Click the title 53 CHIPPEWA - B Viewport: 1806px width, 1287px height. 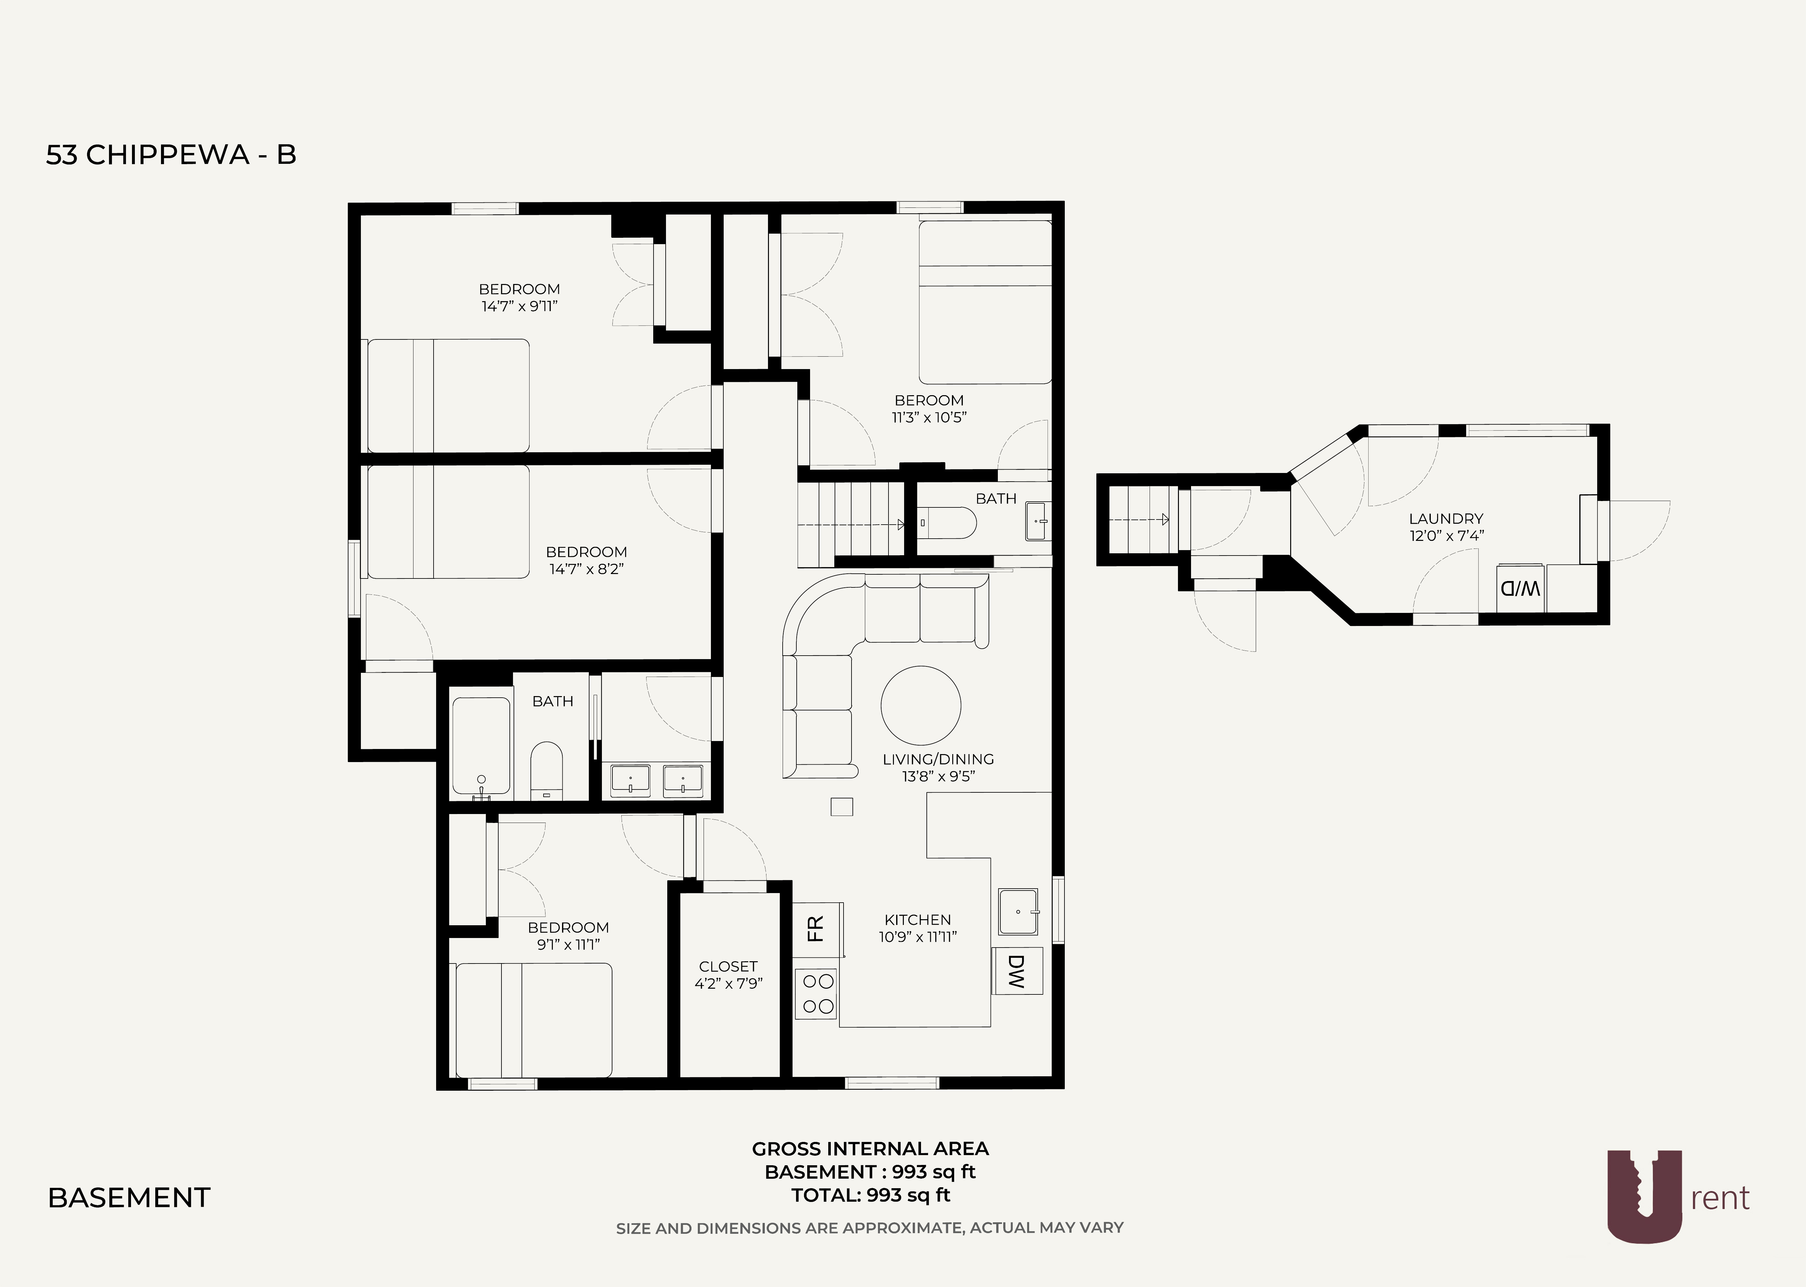click(x=171, y=155)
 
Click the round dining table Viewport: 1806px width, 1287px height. click(x=921, y=705)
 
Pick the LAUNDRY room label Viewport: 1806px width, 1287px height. click(x=1445, y=519)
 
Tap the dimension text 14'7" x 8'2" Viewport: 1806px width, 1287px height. click(x=586, y=569)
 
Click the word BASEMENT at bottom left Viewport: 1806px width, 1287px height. click(x=129, y=1197)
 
